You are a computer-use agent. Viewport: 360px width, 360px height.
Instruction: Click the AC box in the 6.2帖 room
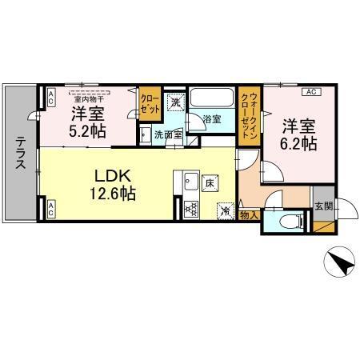click(311, 92)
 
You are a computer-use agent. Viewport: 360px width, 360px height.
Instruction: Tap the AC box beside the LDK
click(51, 210)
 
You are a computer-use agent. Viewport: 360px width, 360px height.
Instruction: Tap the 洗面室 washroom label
click(166, 134)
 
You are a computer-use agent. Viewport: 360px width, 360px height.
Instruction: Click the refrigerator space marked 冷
click(227, 211)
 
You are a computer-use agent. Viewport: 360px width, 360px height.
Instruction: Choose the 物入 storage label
click(249, 214)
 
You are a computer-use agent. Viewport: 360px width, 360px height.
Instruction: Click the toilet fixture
click(290, 219)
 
